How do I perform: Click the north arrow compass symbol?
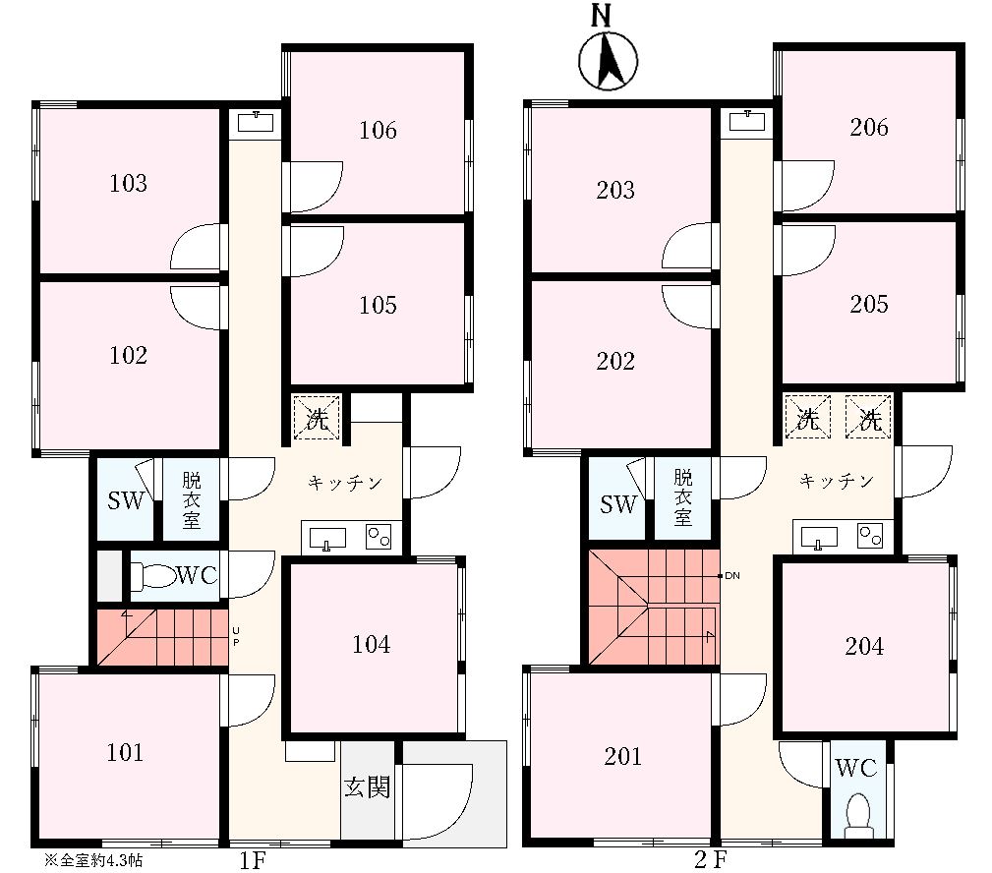[608, 61]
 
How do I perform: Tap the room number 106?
[378, 131]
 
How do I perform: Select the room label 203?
[614, 190]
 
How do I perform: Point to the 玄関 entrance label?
[367, 786]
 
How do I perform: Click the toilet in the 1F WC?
[153, 576]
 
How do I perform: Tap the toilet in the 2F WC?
[858, 812]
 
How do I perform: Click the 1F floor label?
[252, 860]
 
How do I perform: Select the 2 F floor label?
[711, 859]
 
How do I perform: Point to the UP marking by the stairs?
[235, 636]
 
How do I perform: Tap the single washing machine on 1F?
[317, 418]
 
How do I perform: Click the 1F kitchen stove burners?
[379, 537]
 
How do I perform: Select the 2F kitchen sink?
[819, 537]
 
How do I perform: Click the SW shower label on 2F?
[618, 504]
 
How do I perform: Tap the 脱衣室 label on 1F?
[191, 499]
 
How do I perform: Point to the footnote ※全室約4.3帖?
[93, 860]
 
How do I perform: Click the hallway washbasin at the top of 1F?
[256, 122]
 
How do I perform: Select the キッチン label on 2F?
[837, 482]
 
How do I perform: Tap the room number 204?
[864, 646]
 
